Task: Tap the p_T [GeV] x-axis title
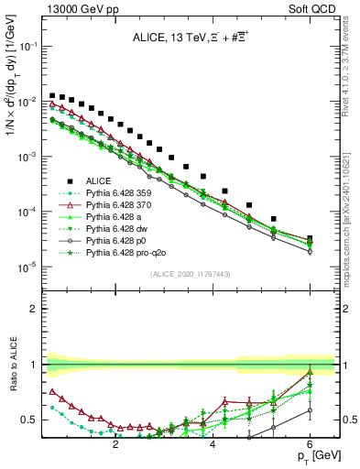pos(311,455)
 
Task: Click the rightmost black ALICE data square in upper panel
pos(310,239)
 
